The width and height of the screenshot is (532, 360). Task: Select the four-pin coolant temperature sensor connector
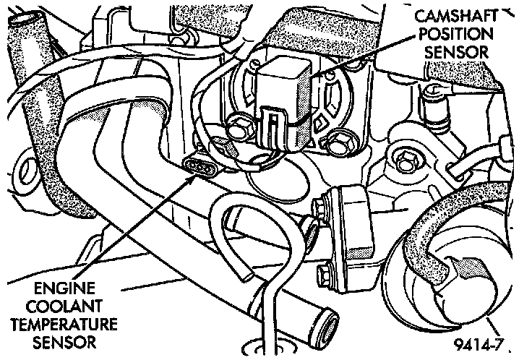point(202,165)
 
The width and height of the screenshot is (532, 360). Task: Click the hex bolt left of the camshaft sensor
point(238,131)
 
